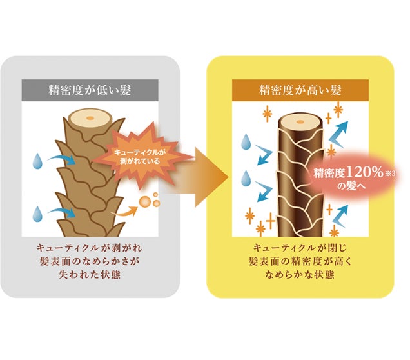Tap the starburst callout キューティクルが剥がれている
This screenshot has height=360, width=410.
141,155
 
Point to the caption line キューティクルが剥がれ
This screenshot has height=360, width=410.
90,248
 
